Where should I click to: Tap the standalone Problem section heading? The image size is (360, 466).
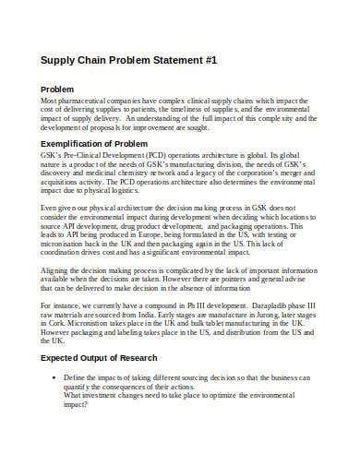[x=58, y=88]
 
